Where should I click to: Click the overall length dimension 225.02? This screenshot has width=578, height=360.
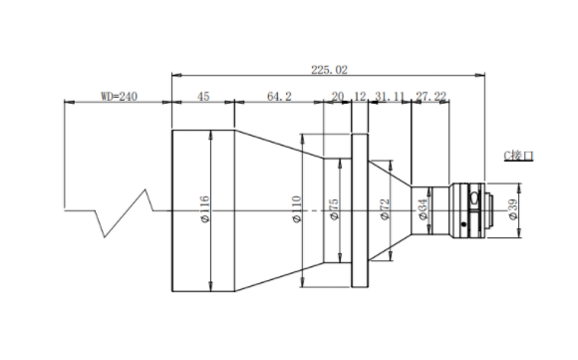click(329, 70)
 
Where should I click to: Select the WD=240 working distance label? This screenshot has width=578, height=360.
click(119, 97)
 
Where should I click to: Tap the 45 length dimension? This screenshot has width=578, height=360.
click(203, 97)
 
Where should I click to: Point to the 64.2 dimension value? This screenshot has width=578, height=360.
click(279, 97)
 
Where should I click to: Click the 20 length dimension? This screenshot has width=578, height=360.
click(337, 97)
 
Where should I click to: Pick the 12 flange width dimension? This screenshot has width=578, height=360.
click(360, 97)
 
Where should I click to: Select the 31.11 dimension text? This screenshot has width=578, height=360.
click(390, 97)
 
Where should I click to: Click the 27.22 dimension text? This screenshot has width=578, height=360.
click(431, 97)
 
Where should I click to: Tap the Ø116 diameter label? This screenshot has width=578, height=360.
click(204, 209)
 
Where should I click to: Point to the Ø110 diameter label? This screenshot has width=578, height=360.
click(297, 209)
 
